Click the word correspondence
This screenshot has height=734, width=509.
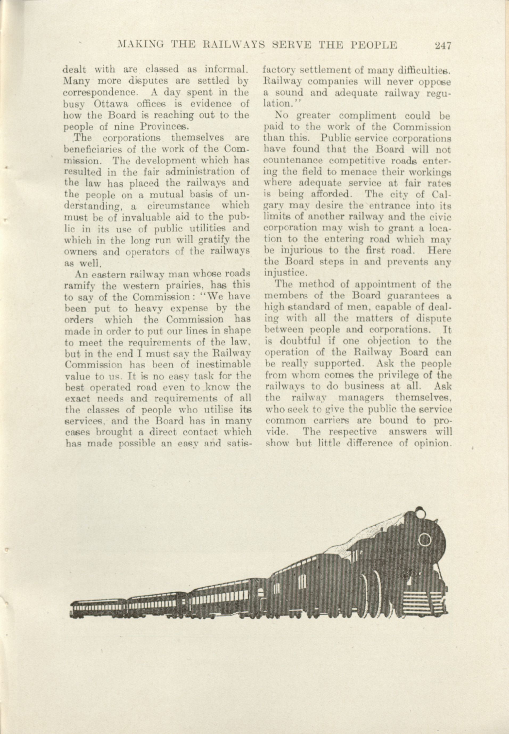coord(101,93)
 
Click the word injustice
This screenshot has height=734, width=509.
coord(285,273)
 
